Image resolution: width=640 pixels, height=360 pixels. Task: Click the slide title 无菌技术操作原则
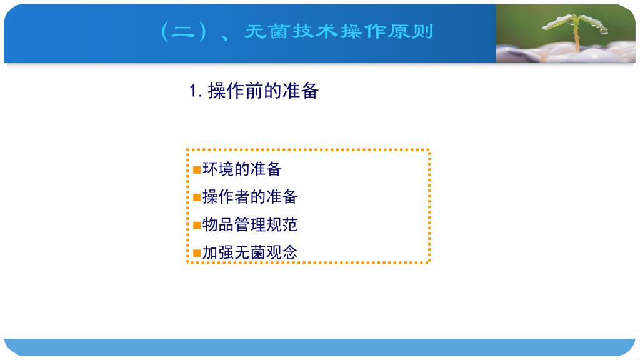pyautogui.click(x=338, y=31)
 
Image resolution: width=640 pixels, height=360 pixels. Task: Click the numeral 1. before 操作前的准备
pyautogui.click(x=196, y=91)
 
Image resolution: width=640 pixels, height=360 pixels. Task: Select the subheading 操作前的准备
pyautogui.click(x=263, y=91)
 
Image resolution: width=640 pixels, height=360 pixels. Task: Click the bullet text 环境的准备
pyautogui.click(x=242, y=169)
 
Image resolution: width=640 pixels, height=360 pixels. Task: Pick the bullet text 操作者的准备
pyautogui.click(x=250, y=197)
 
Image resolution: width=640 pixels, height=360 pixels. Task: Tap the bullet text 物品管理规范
pyautogui.click(x=250, y=224)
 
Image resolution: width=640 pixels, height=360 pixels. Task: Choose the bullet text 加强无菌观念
pyautogui.click(x=250, y=252)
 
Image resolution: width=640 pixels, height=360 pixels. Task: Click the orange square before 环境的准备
pyautogui.click(x=197, y=169)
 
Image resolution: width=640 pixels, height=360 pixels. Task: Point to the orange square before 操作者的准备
pyautogui.click(x=197, y=197)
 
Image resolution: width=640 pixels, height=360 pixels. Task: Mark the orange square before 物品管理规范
pyautogui.click(x=197, y=225)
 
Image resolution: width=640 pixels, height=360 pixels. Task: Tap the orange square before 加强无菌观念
pyautogui.click(x=197, y=253)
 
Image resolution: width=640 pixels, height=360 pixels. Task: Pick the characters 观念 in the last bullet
pyautogui.click(x=282, y=252)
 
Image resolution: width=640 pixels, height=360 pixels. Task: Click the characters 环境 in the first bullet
pyautogui.click(x=218, y=169)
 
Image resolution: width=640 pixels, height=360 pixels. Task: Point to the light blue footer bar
pyautogui.click(x=319, y=347)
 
